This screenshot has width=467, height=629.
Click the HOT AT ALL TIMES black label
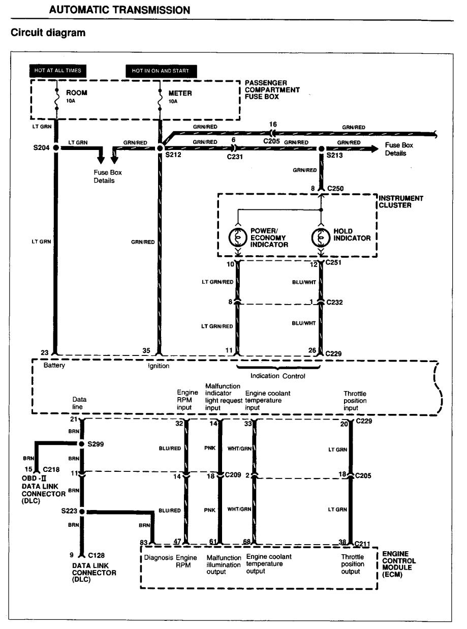(58, 71)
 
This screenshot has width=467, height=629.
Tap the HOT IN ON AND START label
(161, 71)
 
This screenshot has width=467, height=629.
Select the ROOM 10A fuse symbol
(57, 99)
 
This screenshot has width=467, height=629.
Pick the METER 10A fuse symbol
(160, 100)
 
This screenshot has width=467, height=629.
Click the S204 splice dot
(56, 147)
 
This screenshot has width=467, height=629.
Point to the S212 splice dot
(160, 148)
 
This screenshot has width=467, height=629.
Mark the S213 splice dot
(321, 148)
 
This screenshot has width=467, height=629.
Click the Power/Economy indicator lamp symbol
(238, 237)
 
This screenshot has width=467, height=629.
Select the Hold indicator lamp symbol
(321, 237)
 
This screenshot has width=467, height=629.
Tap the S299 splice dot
(82, 444)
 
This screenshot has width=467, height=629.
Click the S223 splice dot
(82, 512)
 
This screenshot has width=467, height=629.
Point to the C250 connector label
(335, 188)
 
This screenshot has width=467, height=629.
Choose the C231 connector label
(235, 157)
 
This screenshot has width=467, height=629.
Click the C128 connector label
(97, 555)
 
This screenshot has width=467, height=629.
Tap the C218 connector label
(51, 469)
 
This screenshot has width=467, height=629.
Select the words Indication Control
(277, 376)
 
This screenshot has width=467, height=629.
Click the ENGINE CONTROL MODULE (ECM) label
(399, 564)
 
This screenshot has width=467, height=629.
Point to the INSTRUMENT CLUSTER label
(401, 202)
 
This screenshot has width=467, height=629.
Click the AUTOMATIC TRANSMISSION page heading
(119, 10)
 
